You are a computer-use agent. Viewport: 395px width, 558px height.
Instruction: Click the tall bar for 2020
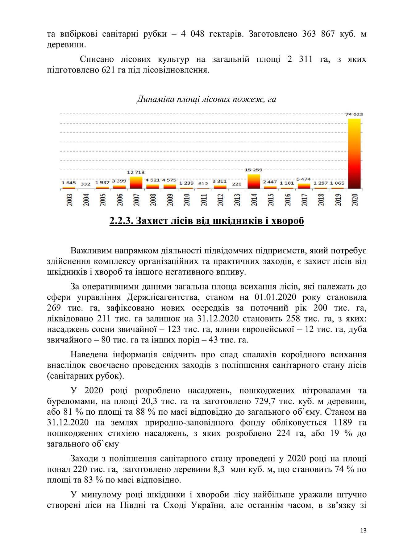click(354, 154)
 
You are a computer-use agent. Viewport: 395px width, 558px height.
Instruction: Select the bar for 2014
click(254, 181)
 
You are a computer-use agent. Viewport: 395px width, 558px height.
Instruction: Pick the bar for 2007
click(136, 183)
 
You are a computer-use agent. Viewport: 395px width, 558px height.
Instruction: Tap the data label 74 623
click(354, 114)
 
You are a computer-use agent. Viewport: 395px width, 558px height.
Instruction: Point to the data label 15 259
click(254, 170)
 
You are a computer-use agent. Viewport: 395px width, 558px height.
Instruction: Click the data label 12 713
click(136, 172)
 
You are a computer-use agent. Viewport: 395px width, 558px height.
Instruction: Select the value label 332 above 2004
click(85, 184)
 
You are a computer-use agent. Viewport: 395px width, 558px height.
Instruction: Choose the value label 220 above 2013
click(237, 184)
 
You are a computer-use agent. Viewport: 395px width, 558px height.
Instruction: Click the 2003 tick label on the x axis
click(69, 199)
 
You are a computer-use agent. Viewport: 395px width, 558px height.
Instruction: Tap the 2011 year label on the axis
click(204, 199)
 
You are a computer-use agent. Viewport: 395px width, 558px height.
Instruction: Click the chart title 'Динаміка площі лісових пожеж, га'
click(206, 99)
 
